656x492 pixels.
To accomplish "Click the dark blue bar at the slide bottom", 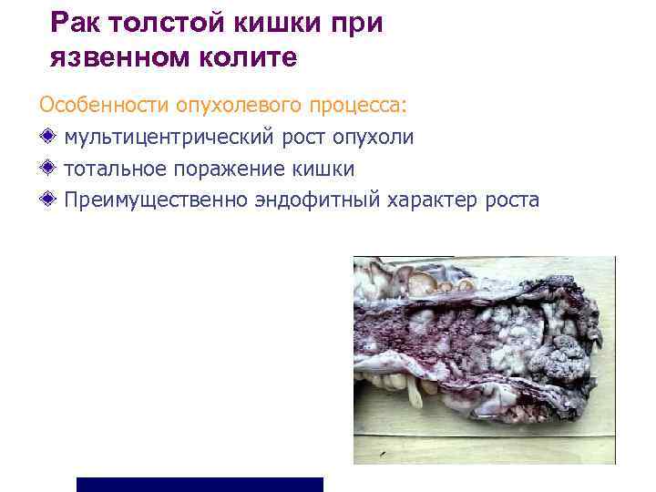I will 200,484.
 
